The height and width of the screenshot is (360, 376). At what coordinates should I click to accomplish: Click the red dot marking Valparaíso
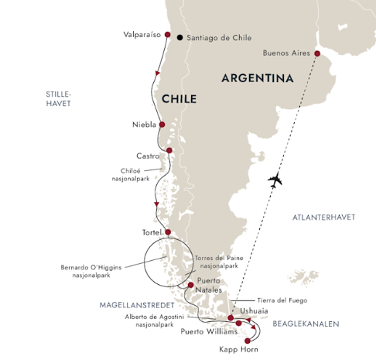pyautogui.click(x=166, y=35)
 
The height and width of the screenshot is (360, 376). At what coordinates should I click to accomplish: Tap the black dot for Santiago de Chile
pyautogui.click(x=180, y=36)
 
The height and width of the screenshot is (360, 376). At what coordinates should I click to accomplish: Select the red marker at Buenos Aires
pyautogui.click(x=316, y=53)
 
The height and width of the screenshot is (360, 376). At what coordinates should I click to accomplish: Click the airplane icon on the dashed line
pyautogui.click(x=275, y=181)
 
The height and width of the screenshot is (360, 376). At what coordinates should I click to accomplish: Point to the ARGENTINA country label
pyautogui.click(x=258, y=79)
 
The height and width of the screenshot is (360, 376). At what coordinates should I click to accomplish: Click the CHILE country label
pyautogui.click(x=179, y=100)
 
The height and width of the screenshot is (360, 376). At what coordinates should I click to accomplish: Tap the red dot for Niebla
pyautogui.click(x=162, y=124)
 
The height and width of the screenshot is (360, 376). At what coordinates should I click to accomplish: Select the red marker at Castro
pyautogui.click(x=169, y=150)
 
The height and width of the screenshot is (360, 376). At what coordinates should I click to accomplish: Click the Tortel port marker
pyautogui.click(x=168, y=231)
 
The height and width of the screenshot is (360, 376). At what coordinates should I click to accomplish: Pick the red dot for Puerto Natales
pyautogui.click(x=190, y=285)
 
